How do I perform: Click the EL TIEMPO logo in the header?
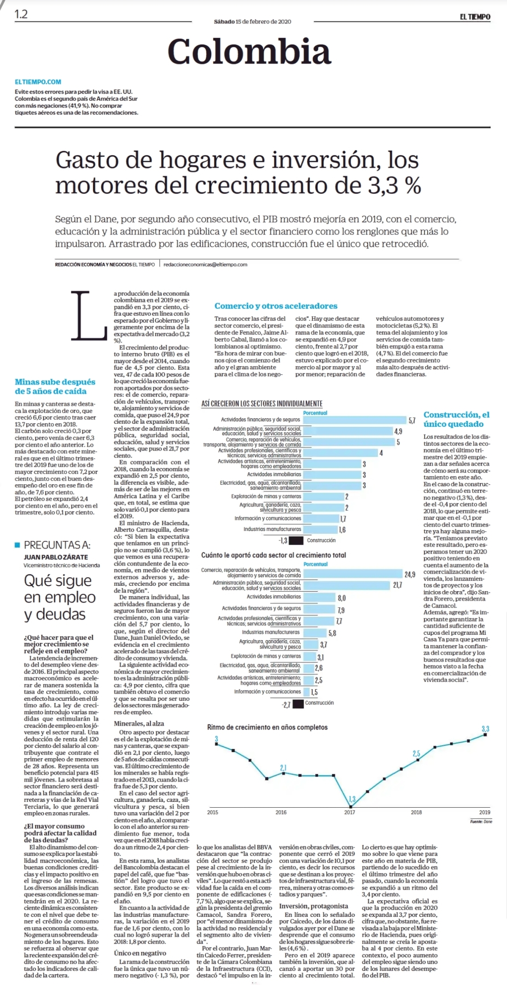[475, 17]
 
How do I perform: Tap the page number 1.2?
[21, 14]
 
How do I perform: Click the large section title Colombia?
[249, 51]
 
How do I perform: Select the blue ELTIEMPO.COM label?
[38, 82]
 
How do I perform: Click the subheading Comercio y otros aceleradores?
[276, 306]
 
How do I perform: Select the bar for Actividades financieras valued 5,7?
[354, 420]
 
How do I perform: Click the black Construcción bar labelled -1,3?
[296, 540]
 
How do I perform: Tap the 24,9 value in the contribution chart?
[409, 574]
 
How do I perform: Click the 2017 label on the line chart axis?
[350, 812]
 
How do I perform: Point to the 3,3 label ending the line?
[485, 729]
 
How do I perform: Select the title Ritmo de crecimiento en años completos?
[267, 727]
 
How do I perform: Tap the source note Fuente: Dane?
[481, 822]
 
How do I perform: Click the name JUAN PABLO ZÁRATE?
[56, 557]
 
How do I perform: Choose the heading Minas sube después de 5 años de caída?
[55, 387]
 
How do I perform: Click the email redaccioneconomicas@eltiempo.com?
[205, 265]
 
